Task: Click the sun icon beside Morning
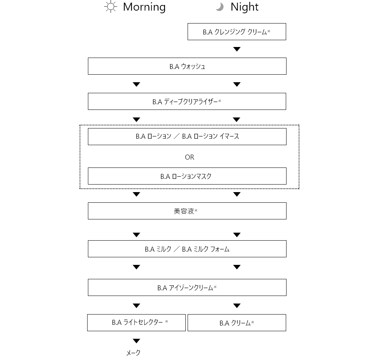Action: (x=111, y=7)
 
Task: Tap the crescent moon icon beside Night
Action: (x=220, y=7)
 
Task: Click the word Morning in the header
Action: (x=144, y=7)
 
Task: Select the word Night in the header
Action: (x=244, y=7)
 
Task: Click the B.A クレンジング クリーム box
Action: (x=237, y=32)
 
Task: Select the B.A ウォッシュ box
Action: (x=187, y=66)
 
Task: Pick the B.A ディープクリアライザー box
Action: (x=187, y=102)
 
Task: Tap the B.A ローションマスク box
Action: (x=187, y=176)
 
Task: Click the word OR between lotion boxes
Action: (x=189, y=157)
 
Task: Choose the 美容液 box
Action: (x=187, y=211)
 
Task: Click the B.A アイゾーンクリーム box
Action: (x=187, y=288)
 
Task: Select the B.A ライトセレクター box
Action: (x=136, y=322)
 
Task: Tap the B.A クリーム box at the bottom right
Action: (x=237, y=322)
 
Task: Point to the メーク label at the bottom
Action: (x=133, y=353)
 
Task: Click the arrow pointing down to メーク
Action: (x=136, y=341)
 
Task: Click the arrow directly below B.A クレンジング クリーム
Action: (x=237, y=49)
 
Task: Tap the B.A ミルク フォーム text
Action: (x=206, y=249)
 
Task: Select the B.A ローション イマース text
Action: (x=210, y=136)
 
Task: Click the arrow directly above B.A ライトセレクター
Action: (x=136, y=306)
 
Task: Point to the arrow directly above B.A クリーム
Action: (x=237, y=306)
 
